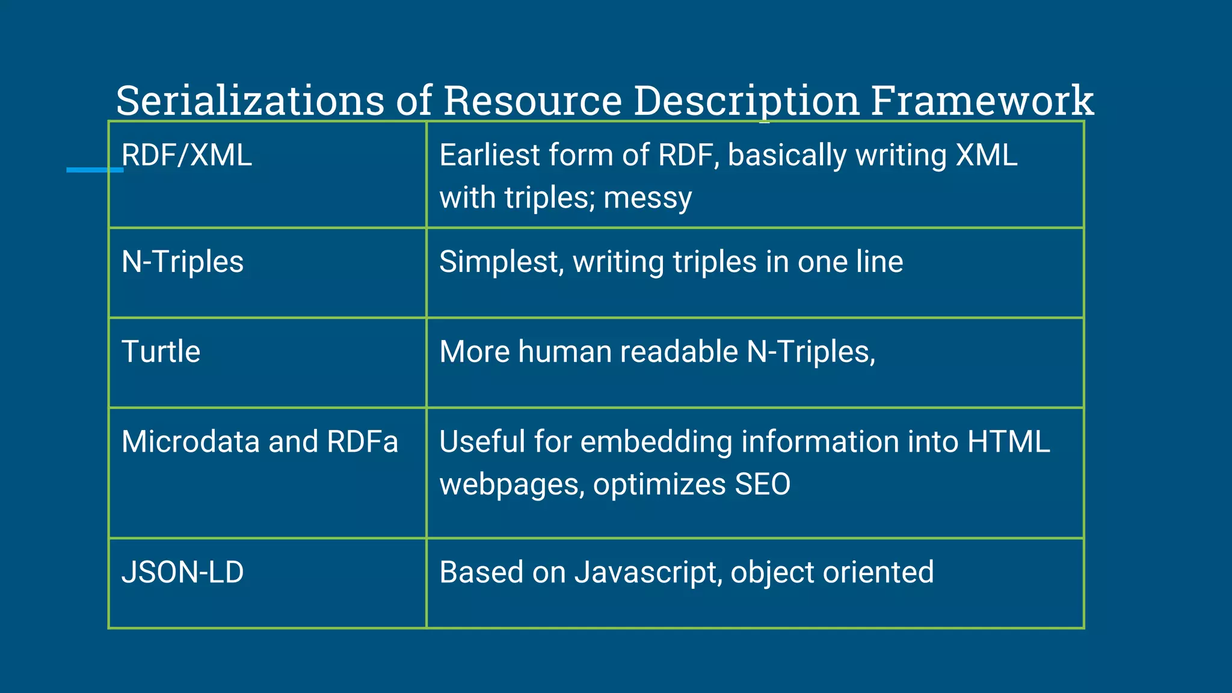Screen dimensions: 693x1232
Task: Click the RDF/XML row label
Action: [186, 155]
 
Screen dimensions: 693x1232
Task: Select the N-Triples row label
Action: [182, 262]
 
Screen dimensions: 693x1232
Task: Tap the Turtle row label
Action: [161, 352]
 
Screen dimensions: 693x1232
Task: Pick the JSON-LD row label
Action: [182, 572]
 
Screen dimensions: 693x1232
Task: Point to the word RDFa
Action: [362, 442]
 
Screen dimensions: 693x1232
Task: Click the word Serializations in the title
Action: [250, 100]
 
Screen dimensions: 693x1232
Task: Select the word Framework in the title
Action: [982, 100]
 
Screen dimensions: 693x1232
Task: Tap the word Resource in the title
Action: [532, 100]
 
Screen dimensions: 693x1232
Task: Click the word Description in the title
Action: [746, 100]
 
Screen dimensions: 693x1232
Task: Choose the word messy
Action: [647, 199]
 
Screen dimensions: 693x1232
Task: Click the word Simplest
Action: [501, 262]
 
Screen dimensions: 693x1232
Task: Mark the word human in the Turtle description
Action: [565, 352]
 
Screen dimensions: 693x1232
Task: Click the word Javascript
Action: [648, 573]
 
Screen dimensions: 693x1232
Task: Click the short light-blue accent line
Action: [94, 170]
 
